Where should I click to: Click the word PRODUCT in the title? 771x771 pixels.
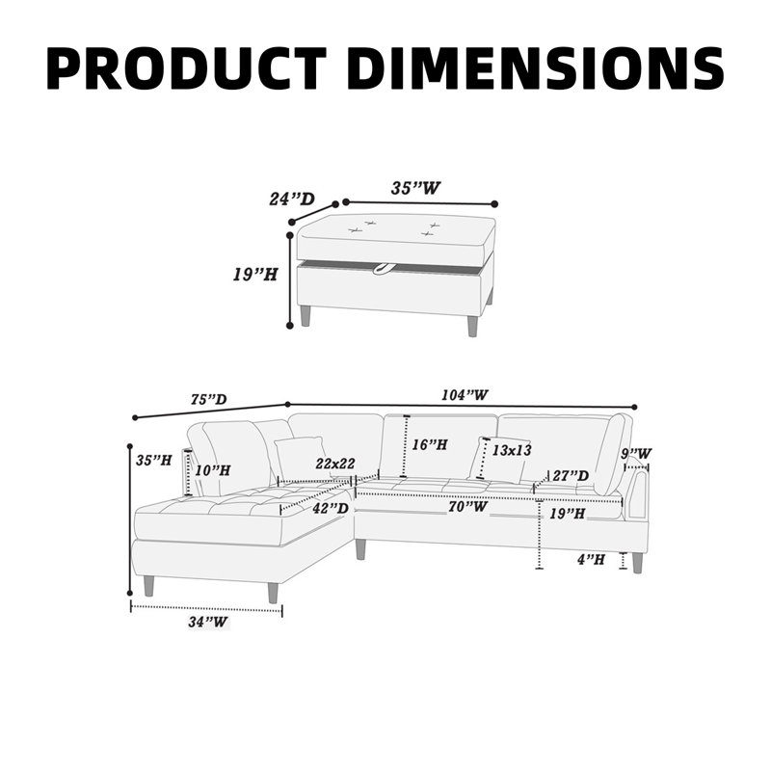(187, 68)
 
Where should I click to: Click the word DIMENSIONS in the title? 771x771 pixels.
(539, 68)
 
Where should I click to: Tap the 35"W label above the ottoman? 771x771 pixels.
(416, 188)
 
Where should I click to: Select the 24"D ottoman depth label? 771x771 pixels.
(292, 199)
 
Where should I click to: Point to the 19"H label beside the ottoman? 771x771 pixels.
(255, 275)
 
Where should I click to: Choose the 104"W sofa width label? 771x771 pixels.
(465, 394)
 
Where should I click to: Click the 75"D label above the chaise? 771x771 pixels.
(208, 399)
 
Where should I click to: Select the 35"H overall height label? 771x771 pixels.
(154, 461)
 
